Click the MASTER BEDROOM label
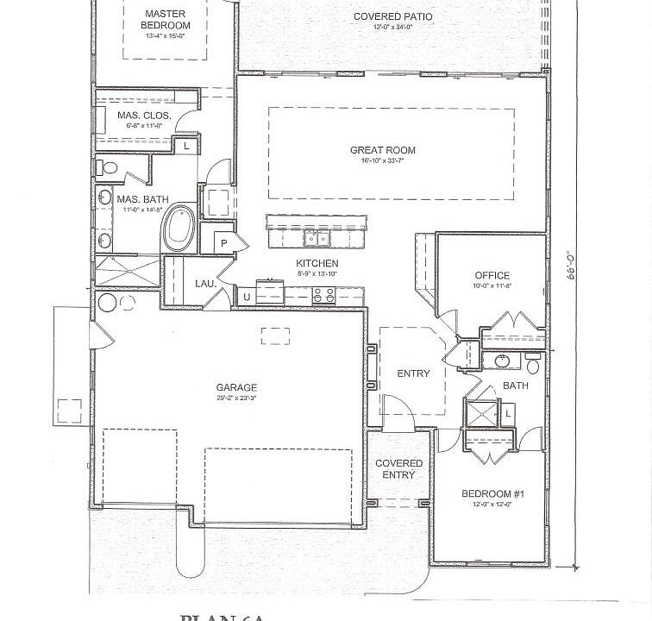click(166, 20)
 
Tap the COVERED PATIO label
click(393, 16)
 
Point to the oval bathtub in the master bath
click(179, 227)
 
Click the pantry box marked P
click(223, 243)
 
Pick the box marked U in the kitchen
click(246, 298)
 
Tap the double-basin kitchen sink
click(317, 239)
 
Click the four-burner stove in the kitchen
click(323, 296)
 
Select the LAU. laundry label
click(205, 283)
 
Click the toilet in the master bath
click(101, 166)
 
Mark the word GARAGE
click(237, 388)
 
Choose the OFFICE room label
click(492, 276)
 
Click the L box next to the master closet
click(187, 147)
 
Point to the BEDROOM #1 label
click(487, 493)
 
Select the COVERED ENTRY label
click(398, 469)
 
